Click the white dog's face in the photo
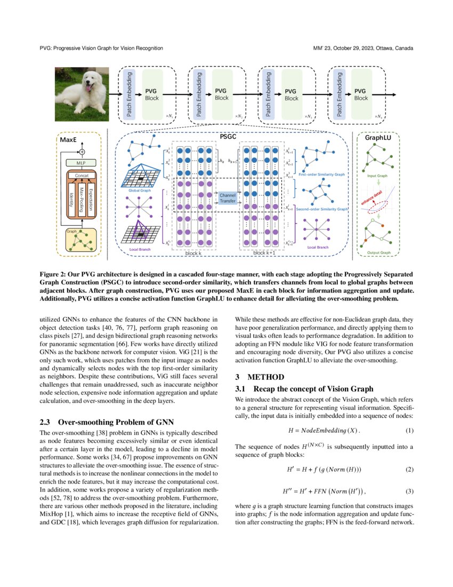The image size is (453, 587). pyautogui.click(x=85, y=85)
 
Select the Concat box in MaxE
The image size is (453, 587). pyautogui.click(x=82, y=175)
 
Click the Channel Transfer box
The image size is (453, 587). pyautogui.click(x=228, y=199)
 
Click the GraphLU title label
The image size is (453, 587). pyautogui.click(x=378, y=138)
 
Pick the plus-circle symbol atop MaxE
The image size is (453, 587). pyautogui.click(x=82, y=151)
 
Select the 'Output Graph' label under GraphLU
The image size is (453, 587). pyautogui.click(x=379, y=252)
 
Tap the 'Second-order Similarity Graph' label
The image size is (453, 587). pyautogui.click(x=322, y=210)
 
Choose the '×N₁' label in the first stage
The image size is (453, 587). pyautogui.click(x=168, y=116)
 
